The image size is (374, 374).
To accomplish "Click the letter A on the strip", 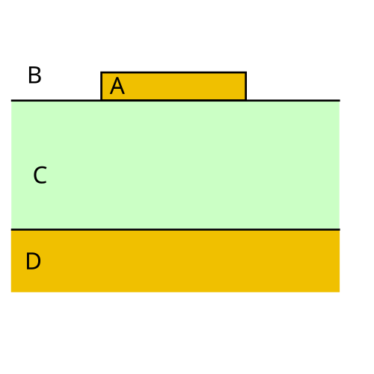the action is pos(117,86).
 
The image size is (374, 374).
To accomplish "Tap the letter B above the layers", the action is pos(34,75).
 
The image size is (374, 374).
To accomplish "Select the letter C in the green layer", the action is pos(40,175).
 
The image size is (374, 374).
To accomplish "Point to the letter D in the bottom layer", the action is pos(33,261).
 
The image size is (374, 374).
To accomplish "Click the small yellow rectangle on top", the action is pos(174,86).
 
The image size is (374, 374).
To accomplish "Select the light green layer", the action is pos(175,165).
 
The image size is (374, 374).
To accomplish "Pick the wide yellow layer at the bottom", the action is pos(175,261).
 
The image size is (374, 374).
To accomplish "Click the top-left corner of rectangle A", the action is pos(101,72).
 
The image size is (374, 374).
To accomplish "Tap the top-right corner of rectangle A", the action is pos(246,72).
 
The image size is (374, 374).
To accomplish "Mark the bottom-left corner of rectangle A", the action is pos(101,100).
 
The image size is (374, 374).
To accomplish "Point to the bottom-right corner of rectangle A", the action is pos(246,100).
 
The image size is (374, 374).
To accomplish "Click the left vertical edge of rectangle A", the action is pos(101,86).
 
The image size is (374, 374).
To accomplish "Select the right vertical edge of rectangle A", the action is pos(246,86).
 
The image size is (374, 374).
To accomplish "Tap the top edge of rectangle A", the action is pos(174,72).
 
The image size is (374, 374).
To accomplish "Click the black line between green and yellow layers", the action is pos(175,229).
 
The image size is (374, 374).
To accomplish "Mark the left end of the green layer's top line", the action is pos(11,101).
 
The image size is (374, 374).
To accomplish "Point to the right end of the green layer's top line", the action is pos(340,101).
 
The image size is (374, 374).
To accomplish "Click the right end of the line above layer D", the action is pos(340,229).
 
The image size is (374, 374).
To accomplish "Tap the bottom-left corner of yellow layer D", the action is pos(11,292).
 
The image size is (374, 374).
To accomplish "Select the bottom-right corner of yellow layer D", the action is pos(340,292).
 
